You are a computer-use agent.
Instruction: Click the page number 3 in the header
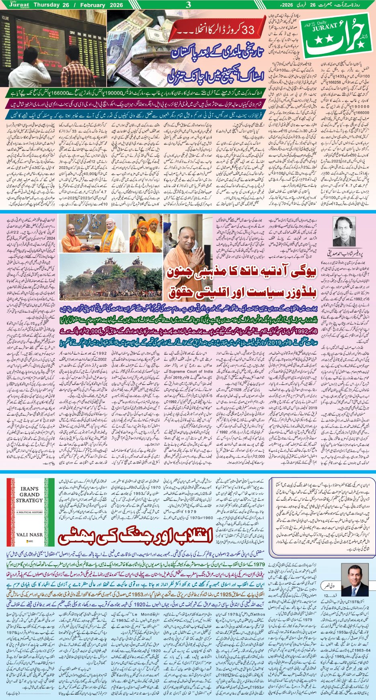point(188,5)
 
